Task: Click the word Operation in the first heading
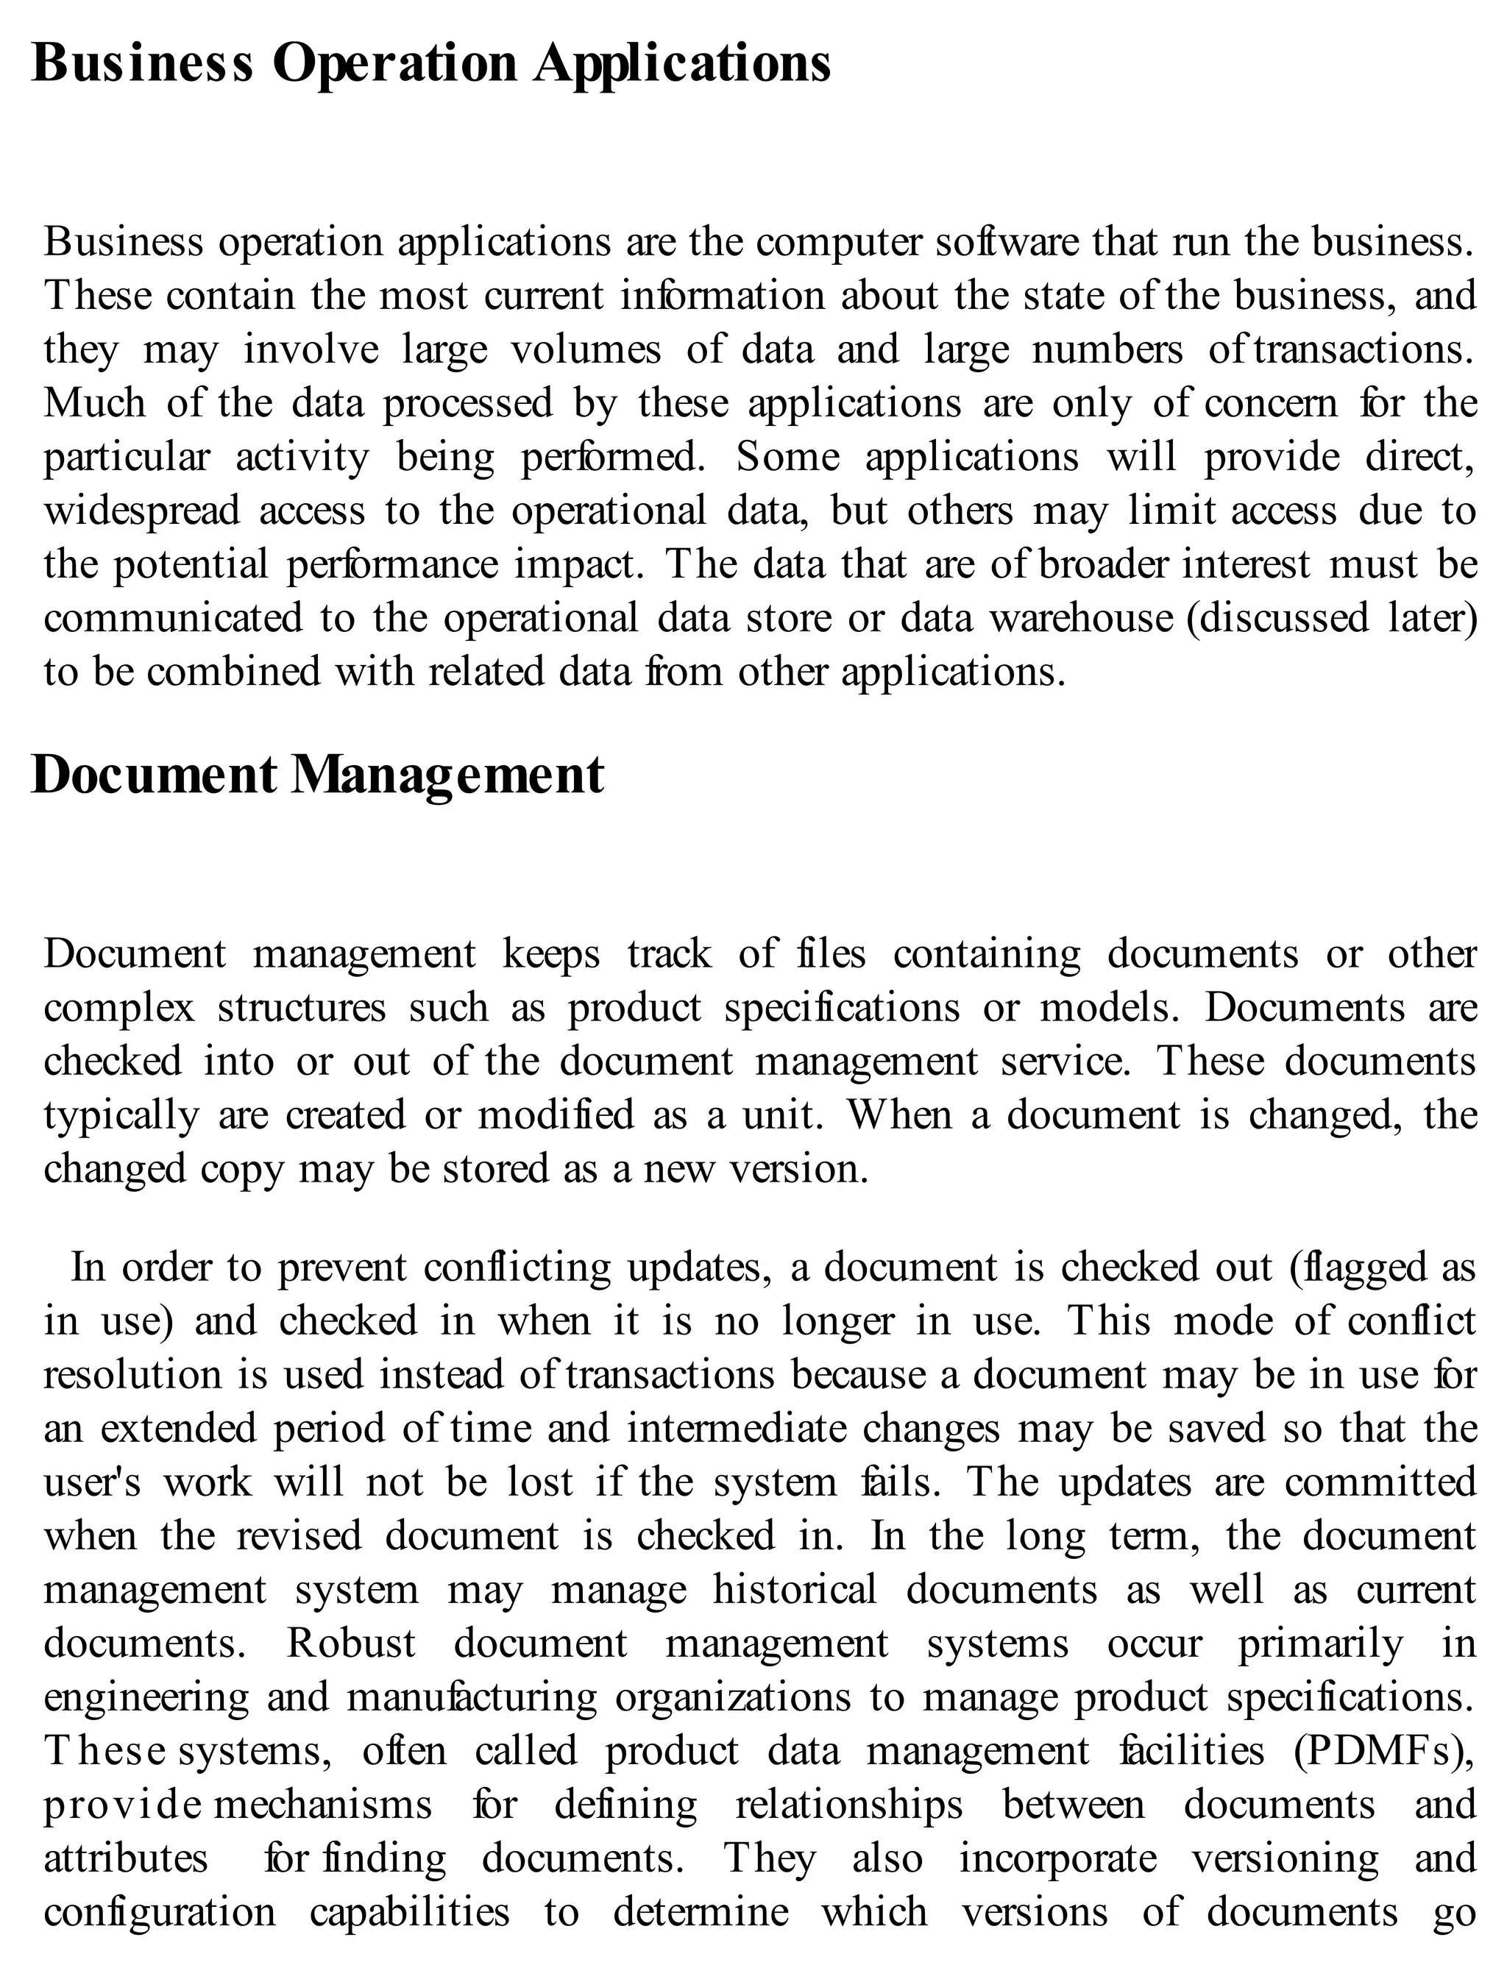click(394, 65)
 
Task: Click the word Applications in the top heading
click(681, 65)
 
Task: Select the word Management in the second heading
click(447, 775)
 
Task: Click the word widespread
click(142, 511)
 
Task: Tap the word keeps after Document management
click(550, 954)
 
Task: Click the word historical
click(794, 1591)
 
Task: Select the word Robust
click(351, 1644)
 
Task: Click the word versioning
click(1283, 1859)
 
